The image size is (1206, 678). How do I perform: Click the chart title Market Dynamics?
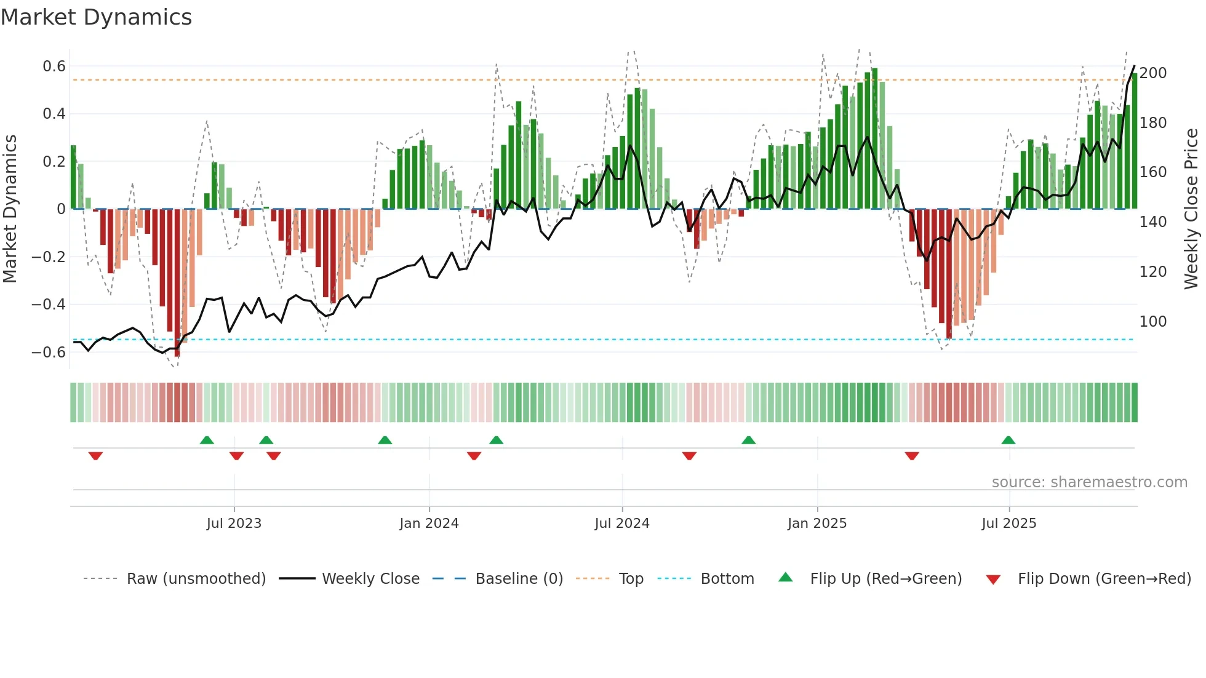tap(96, 17)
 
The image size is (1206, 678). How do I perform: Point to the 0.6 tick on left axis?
tap(54, 66)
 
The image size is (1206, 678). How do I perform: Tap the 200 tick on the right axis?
tap(1153, 73)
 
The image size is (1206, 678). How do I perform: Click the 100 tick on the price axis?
tap(1153, 322)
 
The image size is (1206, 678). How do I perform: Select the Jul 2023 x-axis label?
tap(234, 524)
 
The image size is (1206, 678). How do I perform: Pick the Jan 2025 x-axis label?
tap(817, 524)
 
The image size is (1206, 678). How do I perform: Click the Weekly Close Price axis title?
tap(1191, 209)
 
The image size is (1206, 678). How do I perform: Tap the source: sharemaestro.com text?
tap(1089, 482)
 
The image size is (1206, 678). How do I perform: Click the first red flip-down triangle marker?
tap(95, 456)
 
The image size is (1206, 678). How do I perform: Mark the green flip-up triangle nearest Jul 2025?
tap(1008, 440)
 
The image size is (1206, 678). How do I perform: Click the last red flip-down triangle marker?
tap(912, 456)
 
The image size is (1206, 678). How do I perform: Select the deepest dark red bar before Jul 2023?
tap(177, 283)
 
